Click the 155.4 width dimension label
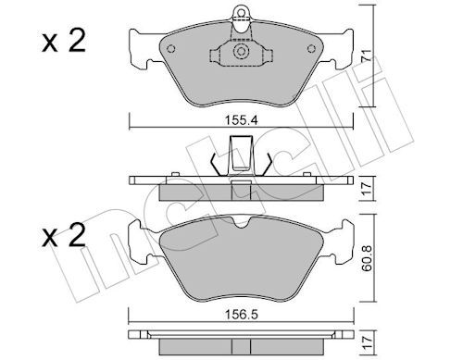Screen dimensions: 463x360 coord(241,120)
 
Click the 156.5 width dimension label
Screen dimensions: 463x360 coord(241,315)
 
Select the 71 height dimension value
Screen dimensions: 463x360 coord(367,56)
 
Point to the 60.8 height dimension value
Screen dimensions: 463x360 coord(367,258)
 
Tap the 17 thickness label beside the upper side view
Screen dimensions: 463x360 coord(367,189)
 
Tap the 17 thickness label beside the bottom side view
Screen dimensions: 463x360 coord(367,342)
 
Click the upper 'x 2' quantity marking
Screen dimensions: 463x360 coord(64,41)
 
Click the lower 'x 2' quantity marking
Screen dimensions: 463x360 coord(64,235)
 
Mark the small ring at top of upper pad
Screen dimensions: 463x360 coord(241,13)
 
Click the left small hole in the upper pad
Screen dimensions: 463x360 coord(170,49)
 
